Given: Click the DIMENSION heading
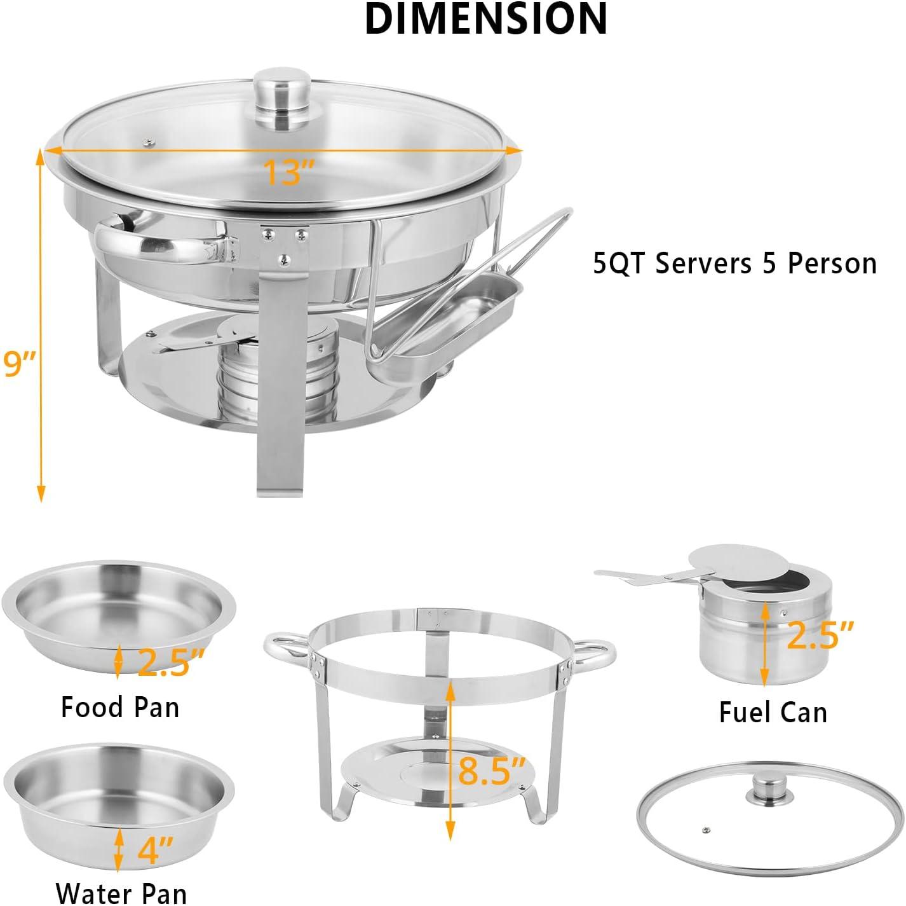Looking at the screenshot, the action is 485,19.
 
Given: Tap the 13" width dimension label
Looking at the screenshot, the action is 288,172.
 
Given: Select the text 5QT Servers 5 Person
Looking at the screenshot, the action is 734,264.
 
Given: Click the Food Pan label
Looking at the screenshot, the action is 120,708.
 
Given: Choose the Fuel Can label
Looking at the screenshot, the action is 773,712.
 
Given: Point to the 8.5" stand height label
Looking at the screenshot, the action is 491,772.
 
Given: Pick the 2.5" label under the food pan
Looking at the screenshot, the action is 171,662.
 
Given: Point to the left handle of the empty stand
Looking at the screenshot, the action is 287,647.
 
